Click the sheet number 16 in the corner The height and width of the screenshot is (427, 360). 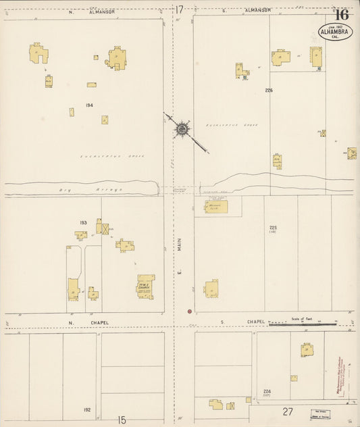point(342,14)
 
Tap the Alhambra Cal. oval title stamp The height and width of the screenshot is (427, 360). point(335,32)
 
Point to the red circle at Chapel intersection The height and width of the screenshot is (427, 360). point(190,311)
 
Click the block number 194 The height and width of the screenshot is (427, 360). point(89,105)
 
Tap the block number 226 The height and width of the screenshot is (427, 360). point(269,90)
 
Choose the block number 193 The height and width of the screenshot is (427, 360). point(84,222)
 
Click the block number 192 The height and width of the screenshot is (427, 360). point(87,409)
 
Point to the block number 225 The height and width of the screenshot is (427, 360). point(274,228)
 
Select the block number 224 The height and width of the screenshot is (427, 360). point(267,391)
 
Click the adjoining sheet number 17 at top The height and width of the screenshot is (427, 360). point(179,9)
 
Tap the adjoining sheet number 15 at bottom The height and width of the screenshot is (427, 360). point(122,420)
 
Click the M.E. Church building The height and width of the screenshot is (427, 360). point(146,286)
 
